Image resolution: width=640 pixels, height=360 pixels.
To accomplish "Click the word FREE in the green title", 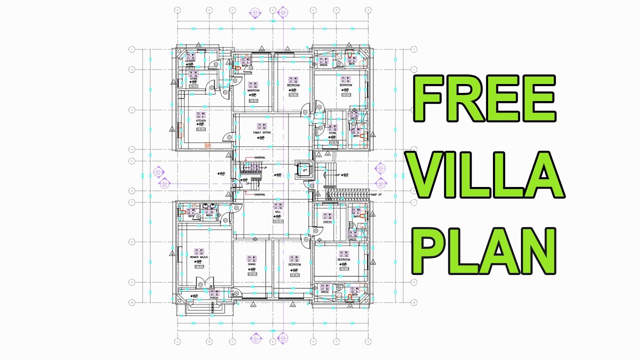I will [x=483, y=100].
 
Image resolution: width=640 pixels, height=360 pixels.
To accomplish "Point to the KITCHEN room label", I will [x=201, y=121].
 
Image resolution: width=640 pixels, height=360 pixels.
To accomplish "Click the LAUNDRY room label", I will [x=190, y=61].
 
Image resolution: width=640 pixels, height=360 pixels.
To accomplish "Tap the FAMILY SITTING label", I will [x=261, y=132].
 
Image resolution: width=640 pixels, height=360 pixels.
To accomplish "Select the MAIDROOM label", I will [x=253, y=90].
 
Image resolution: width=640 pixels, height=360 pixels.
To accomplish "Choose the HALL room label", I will [x=277, y=212].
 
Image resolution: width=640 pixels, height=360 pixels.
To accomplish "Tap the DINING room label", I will [x=252, y=264].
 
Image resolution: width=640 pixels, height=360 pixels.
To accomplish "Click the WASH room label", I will [x=209, y=215].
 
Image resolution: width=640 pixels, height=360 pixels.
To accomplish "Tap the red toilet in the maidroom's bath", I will [x=237, y=68].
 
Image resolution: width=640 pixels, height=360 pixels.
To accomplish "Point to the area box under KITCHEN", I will [x=201, y=129].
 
